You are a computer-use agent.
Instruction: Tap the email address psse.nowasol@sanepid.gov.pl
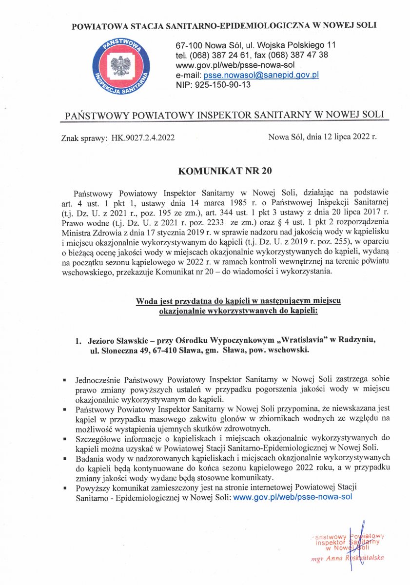[x=261, y=75]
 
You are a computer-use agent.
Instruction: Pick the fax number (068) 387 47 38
[x=299, y=55]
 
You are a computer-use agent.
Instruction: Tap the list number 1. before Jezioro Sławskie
[x=78, y=340]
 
